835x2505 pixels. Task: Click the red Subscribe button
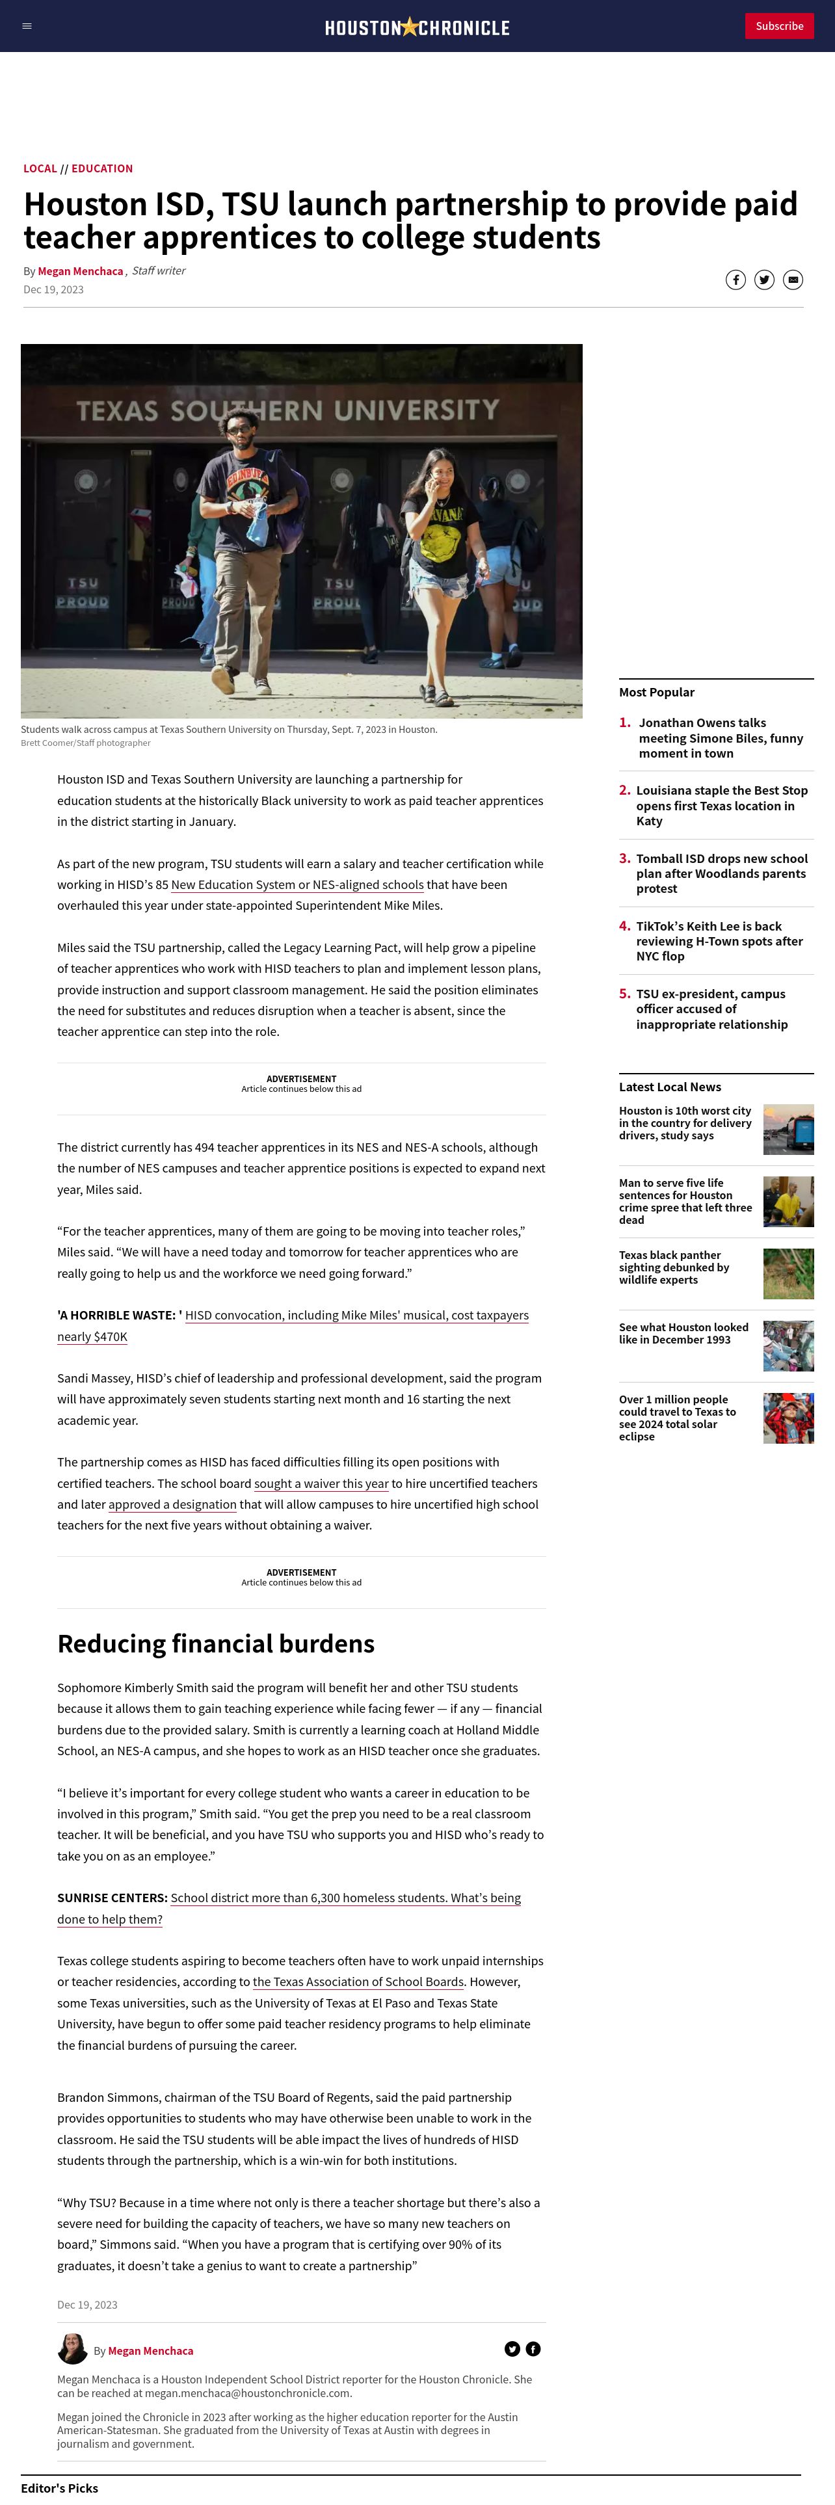(778, 26)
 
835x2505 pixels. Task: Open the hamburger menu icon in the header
(27, 26)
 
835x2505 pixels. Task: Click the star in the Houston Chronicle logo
(409, 26)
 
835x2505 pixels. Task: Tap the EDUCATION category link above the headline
(102, 168)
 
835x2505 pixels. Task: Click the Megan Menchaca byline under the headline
(81, 271)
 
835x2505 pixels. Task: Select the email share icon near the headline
(793, 280)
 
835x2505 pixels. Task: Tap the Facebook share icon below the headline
(736, 280)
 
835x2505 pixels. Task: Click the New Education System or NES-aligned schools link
(297, 885)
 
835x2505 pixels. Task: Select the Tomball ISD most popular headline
(721, 873)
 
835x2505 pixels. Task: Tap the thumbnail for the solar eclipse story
(788, 1418)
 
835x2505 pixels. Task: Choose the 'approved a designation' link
(172, 1504)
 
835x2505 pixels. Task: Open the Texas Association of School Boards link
(358, 1982)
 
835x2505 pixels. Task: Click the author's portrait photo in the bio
(73, 2350)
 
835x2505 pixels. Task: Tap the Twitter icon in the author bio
(512, 2350)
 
